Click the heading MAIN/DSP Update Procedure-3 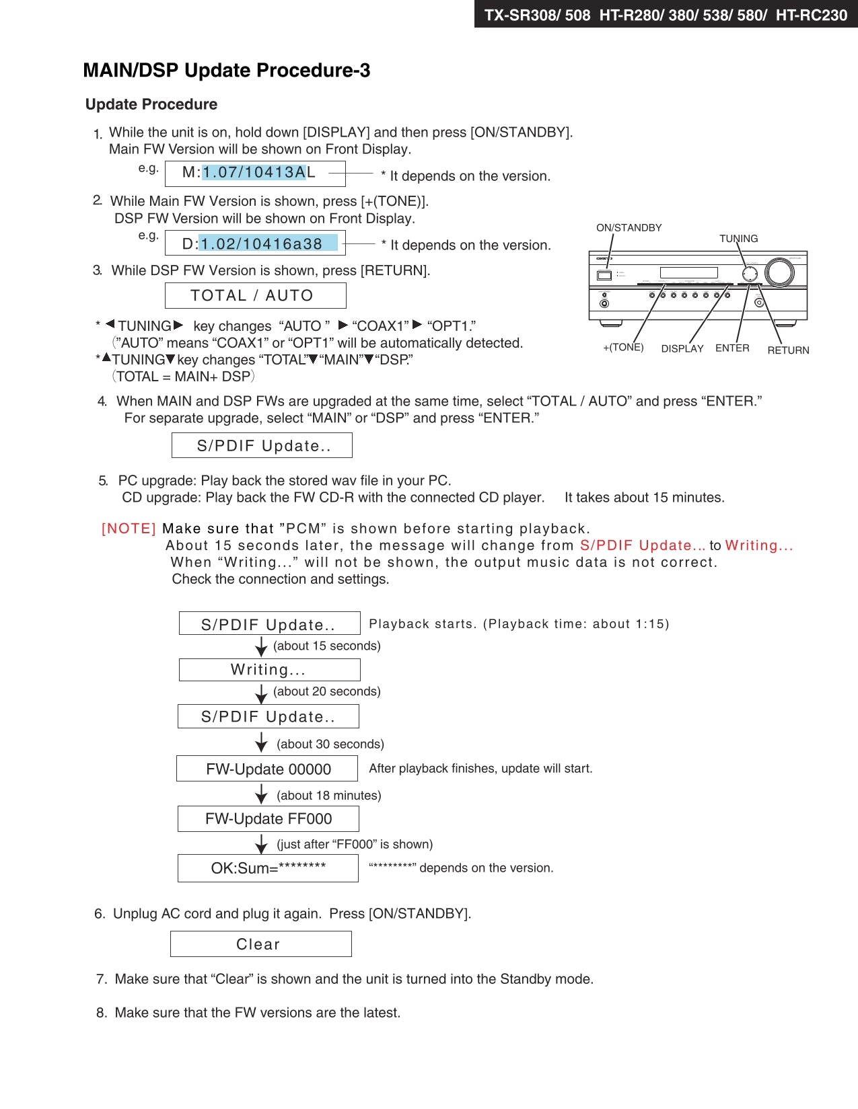point(226,71)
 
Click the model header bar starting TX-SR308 point(666,14)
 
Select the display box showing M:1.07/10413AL point(255,173)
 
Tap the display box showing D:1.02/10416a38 point(255,243)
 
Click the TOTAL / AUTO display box point(255,295)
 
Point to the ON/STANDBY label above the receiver point(629,228)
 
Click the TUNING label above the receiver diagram point(738,239)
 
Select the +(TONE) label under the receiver point(623,348)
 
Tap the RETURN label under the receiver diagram point(788,350)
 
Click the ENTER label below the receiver point(732,348)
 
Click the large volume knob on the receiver point(779,272)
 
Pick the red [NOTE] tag point(129,529)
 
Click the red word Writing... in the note point(759,545)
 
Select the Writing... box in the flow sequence point(269,670)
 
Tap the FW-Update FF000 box point(268,818)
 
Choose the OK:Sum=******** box point(268,868)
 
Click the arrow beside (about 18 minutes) point(262,795)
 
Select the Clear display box point(260,944)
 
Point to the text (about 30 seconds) point(330,744)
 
